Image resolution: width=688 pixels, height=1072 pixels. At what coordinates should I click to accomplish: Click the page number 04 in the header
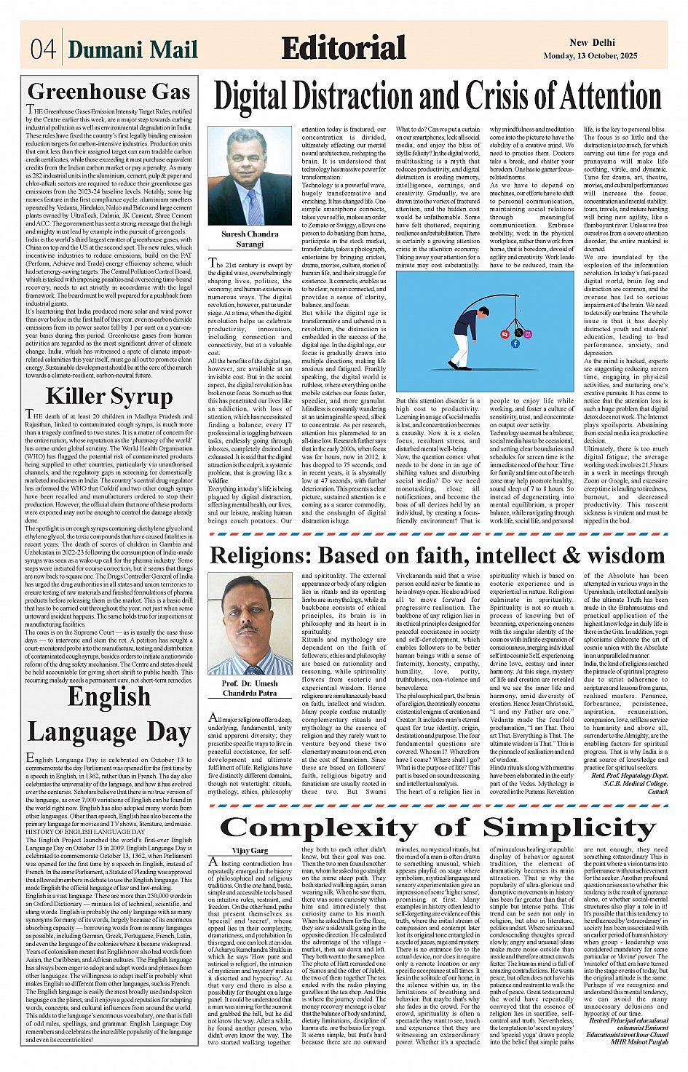click(42, 49)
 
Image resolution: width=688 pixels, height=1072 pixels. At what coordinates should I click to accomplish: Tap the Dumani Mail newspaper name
click(133, 49)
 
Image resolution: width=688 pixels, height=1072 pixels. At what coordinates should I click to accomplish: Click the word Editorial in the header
click(344, 48)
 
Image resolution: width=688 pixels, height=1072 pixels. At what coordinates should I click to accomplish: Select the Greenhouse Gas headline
click(109, 92)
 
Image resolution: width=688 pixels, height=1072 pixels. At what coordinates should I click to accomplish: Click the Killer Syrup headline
click(109, 397)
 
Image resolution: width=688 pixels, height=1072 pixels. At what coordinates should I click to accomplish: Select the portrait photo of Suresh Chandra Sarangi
click(250, 176)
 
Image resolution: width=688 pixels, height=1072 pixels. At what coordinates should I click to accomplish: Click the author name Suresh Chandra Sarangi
click(250, 239)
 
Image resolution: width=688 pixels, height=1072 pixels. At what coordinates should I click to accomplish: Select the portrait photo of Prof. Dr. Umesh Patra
click(250, 624)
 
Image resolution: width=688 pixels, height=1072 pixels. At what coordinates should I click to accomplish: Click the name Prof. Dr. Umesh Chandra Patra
click(250, 688)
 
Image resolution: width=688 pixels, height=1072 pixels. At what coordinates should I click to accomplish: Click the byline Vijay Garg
click(250, 850)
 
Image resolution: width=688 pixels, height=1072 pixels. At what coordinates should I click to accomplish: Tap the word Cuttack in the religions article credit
click(657, 791)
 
